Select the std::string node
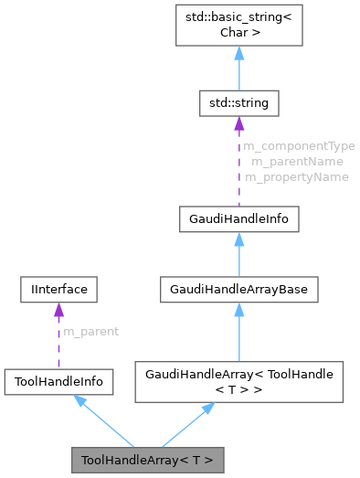click(238, 103)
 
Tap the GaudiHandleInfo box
click(238, 219)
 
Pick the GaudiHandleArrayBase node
click(238, 290)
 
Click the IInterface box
click(58, 290)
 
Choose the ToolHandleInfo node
click(58, 382)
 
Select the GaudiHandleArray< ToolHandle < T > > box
click(238, 382)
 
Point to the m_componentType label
click(299, 145)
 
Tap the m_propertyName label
click(296, 176)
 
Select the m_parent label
click(90, 330)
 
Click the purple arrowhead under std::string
click(238, 122)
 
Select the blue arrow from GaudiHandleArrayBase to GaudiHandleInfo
click(238, 255)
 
